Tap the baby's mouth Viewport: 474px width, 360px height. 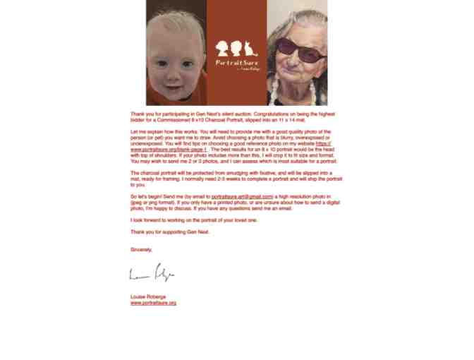pyautogui.click(x=174, y=81)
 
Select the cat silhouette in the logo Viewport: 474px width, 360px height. pyautogui.click(x=249, y=49)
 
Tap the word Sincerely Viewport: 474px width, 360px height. pyautogui.click(x=141, y=250)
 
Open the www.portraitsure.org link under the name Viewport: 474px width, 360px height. pyautogui.click(x=153, y=303)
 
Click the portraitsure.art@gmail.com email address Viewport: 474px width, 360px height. pyautogui.click(x=242, y=196)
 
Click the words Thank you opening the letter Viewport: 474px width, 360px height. pyautogui.click(x=139, y=114)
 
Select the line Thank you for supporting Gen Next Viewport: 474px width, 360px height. pyautogui.click(x=169, y=232)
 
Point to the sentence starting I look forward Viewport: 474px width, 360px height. pyautogui.click(x=194, y=220)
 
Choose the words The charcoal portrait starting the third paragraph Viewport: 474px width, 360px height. pyautogui.click(x=150, y=173)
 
